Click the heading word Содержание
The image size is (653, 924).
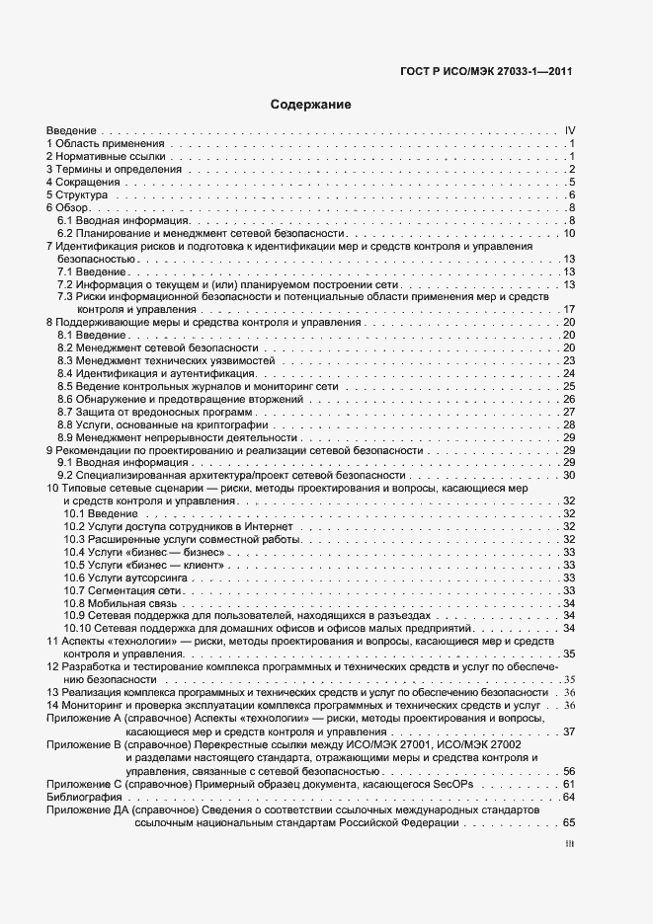(x=310, y=104)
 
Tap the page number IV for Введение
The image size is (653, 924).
(x=569, y=130)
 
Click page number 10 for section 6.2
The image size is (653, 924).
(x=569, y=233)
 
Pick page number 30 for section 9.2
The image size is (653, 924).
(x=569, y=475)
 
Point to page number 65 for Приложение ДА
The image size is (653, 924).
(x=569, y=822)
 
